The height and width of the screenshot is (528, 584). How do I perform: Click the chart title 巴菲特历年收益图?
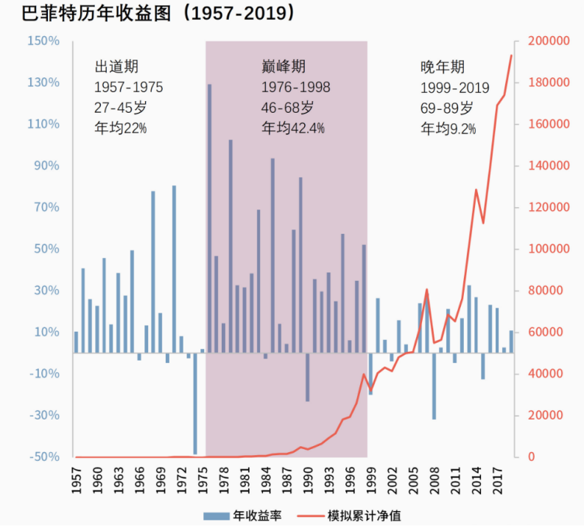coord(88,13)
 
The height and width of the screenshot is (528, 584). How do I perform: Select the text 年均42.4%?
coord(293,128)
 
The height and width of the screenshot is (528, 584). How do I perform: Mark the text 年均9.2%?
coord(448,128)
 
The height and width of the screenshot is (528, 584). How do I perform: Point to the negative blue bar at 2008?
coord(434,386)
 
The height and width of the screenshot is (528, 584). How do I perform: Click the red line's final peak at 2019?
coord(511,55)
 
